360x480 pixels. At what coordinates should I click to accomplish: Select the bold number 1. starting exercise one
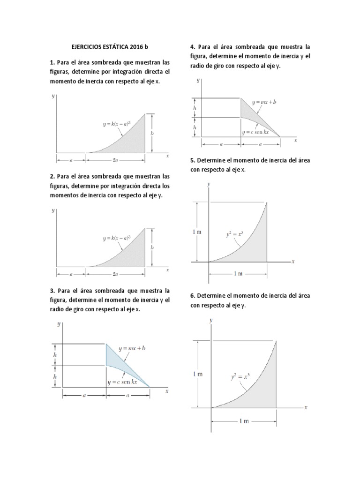click(x=52, y=62)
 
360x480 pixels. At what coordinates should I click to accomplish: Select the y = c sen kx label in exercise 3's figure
click(x=122, y=382)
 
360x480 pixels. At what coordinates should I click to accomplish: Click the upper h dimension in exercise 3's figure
click(x=55, y=355)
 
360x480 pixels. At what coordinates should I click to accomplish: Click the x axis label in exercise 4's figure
click(x=295, y=140)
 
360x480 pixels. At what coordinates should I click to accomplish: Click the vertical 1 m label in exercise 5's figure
click(x=197, y=231)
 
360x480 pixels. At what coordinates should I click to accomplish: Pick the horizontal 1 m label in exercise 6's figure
click(x=244, y=421)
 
